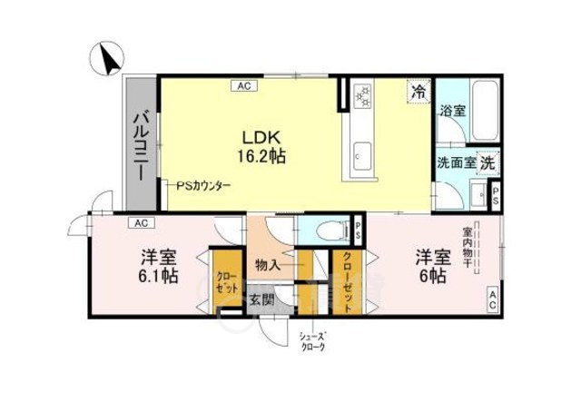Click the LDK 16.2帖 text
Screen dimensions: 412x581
[263, 146]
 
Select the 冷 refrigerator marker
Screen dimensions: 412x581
[419, 91]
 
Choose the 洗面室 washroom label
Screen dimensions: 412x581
[457, 163]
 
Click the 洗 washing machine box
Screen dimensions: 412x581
[487, 163]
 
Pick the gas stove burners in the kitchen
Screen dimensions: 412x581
[365, 93]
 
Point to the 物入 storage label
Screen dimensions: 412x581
[268, 266]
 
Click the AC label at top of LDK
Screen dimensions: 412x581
[243, 86]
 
